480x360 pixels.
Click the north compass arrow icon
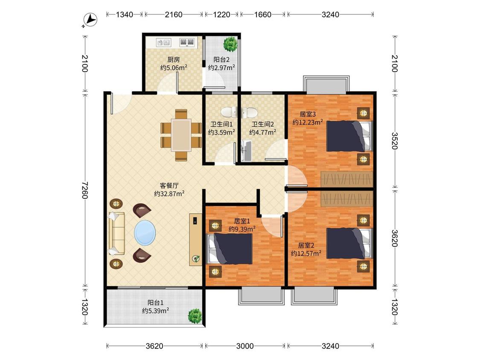click(x=90, y=20)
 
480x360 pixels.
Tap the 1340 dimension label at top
click(x=124, y=15)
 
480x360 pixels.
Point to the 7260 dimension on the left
click(x=85, y=190)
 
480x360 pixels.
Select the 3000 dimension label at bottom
click(x=245, y=346)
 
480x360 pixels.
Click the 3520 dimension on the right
click(x=395, y=141)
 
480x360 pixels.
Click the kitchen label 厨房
click(x=174, y=60)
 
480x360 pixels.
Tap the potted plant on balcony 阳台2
click(x=230, y=44)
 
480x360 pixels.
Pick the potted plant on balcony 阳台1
click(x=195, y=316)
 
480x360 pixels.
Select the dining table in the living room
click(x=181, y=135)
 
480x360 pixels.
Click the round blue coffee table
click(x=145, y=232)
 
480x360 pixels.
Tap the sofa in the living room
click(x=116, y=233)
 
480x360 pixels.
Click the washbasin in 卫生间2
click(x=247, y=151)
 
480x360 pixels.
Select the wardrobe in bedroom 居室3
click(x=346, y=179)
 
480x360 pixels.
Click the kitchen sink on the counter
click(x=163, y=42)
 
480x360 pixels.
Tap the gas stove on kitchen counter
click(x=187, y=42)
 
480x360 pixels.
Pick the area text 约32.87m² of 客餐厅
click(x=169, y=194)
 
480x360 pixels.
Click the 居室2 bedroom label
click(x=306, y=246)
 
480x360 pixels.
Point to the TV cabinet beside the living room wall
click(x=195, y=239)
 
